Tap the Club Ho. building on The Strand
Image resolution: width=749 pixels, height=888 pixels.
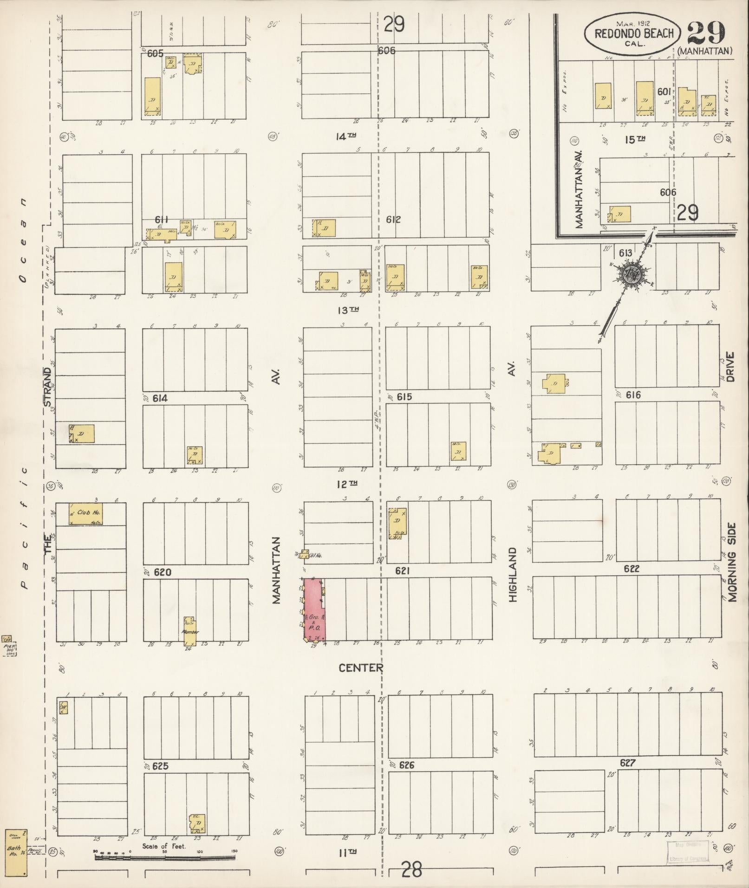point(86,514)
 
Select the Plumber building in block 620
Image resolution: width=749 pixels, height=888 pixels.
point(190,632)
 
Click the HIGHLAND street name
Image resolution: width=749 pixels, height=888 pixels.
point(512,575)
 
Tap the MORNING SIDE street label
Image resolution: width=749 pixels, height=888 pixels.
point(731,563)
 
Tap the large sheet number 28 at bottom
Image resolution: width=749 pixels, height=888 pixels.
point(411,869)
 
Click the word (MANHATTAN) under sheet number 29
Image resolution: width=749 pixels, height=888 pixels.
point(704,51)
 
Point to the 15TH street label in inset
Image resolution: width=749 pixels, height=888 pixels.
point(635,139)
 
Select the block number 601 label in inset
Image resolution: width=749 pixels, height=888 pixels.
point(664,92)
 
